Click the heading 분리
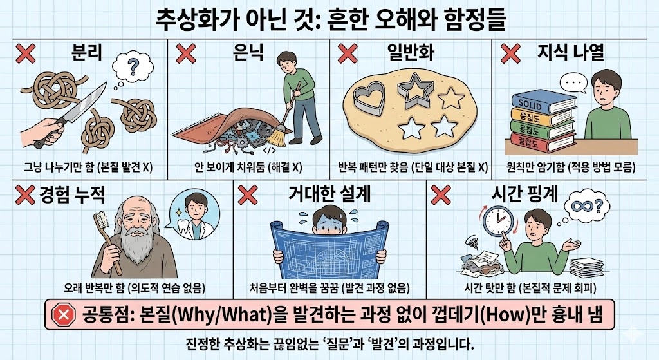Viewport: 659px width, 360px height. (x=87, y=53)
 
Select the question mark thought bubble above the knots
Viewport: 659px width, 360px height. (x=133, y=67)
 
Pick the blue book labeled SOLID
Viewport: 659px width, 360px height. (x=542, y=101)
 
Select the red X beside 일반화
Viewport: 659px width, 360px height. (x=348, y=54)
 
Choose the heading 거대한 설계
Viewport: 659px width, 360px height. (x=329, y=194)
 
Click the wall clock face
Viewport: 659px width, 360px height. (x=499, y=221)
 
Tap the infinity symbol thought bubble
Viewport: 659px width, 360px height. (x=587, y=207)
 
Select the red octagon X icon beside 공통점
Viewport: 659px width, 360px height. (x=63, y=314)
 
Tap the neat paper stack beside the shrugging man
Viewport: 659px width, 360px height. (x=586, y=267)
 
